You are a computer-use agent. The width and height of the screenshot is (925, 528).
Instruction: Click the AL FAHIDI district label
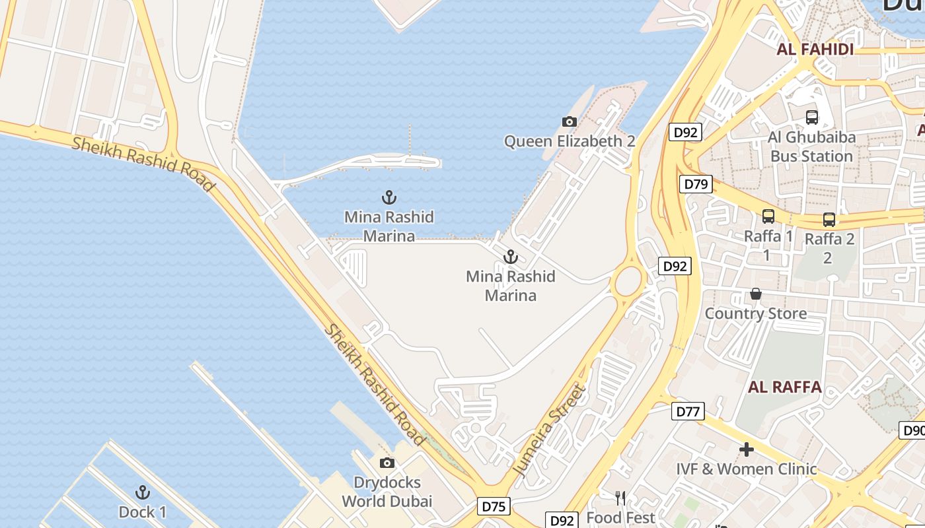point(815,49)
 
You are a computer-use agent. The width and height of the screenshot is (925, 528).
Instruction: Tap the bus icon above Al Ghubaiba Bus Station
point(812,117)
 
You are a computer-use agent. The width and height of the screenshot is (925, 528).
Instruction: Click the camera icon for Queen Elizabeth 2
point(569,121)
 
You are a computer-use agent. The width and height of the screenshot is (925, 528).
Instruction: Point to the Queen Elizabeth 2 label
point(570,141)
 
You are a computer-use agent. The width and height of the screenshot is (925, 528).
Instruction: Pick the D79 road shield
point(696,184)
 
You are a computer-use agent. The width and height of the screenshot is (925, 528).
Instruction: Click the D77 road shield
point(688,412)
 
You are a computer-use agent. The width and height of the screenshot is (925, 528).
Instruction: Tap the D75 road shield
point(494,506)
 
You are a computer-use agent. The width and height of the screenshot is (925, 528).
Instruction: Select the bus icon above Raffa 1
point(768,216)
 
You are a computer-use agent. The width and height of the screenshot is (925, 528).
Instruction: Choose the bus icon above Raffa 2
point(829,220)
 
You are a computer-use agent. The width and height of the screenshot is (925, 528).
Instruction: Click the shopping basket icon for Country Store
point(755,294)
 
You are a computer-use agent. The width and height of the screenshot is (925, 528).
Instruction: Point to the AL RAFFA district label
point(785,387)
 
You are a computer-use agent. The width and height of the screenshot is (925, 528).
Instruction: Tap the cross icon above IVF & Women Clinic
point(747,450)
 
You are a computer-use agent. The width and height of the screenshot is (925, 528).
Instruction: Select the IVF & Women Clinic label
point(747,469)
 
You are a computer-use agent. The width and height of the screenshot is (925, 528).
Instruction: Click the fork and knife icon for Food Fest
point(620,498)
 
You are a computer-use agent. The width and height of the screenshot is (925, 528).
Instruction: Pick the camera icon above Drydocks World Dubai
point(387,463)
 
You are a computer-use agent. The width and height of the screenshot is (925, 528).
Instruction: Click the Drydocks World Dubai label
point(387,492)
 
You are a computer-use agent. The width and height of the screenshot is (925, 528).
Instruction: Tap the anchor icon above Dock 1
point(142,492)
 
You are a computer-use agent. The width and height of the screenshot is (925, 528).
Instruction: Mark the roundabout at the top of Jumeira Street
point(629,282)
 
